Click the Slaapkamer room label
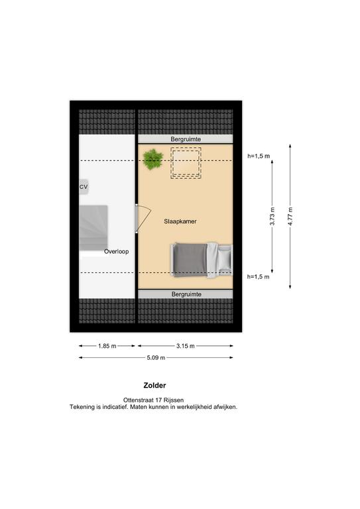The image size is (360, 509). coord(180,221)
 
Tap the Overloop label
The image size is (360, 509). coord(116,252)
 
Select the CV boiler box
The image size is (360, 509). coord(84,187)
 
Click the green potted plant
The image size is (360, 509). coord(153,159)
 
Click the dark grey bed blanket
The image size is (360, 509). coord(190,260)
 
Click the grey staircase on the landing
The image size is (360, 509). coord(93,227)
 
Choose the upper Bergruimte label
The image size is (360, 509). coord(186,139)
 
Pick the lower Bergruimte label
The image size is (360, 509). coord(186,294)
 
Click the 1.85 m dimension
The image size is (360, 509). coord(107,346)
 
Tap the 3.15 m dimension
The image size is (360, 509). coord(186,346)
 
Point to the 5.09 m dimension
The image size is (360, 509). coord(156,358)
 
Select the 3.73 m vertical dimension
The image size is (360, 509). coord(272,217)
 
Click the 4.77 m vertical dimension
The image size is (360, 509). coord(290,217)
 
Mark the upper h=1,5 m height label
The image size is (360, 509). coord(259,156)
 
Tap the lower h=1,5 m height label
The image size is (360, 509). coord(258,277)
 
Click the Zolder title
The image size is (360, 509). coord(155,386)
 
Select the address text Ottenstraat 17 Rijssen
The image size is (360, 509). coord(153,400)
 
